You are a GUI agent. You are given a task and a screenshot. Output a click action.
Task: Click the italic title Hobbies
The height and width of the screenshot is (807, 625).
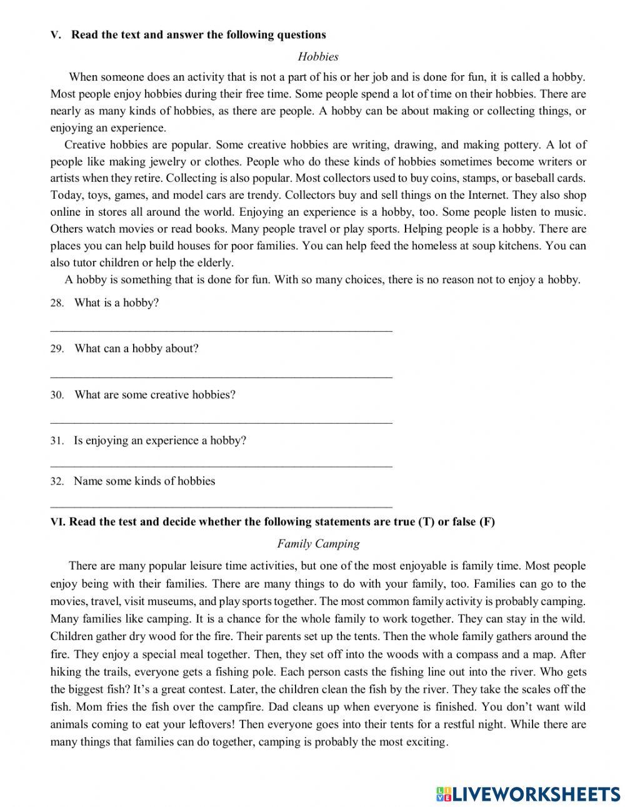pyautogui.click(x=318, y=57)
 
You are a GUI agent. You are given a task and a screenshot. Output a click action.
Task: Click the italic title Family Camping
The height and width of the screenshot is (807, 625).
pyautogui.click(x=318, y=544)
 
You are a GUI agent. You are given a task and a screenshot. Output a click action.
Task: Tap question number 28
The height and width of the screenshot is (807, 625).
pyautogui.click(x=57, y=304)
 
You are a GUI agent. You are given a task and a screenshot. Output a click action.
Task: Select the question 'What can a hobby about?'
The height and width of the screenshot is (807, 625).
pyautogui.click(x=136, y=349)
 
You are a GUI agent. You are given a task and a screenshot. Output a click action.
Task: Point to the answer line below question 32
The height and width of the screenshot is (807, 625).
pyautogui.click(x=221, y=507)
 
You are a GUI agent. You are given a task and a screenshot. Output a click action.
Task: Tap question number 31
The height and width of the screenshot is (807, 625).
pyautogui.click(x=57, y=441)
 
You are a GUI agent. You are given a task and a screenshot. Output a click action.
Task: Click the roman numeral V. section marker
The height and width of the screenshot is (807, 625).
pyautogui.click(x=55, y=36)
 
